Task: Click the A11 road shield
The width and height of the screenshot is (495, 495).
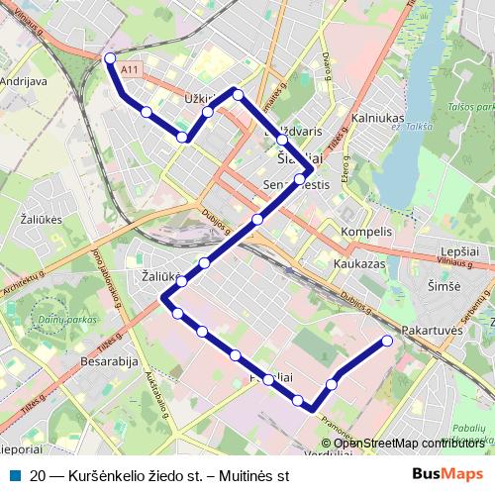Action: [x=129, y=70]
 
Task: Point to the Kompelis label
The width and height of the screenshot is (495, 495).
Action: [x=366, y=232]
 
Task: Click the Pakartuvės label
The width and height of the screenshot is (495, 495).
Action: [x=434, y=327]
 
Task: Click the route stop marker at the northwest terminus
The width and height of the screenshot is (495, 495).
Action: [x=110, y=57]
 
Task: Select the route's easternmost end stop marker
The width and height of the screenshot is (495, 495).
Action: [x=387, y=341]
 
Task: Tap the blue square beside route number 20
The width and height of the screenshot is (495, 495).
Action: [x=14, y=475]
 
